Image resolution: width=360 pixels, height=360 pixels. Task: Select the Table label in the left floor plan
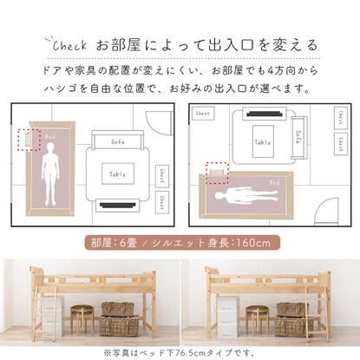[x=120, y=172]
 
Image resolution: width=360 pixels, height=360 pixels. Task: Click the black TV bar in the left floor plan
[x=120, y=206]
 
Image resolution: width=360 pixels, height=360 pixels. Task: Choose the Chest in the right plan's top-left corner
[x=203, y=113]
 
